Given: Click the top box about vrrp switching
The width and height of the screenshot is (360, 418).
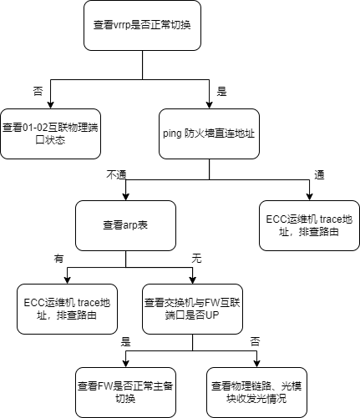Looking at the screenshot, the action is point(142,25).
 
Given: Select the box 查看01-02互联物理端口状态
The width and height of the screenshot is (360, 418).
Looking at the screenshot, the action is point(50,133).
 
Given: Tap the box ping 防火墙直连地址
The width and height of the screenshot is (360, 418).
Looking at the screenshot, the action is point(209,133).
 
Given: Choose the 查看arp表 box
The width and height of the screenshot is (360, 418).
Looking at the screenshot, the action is point(125,225).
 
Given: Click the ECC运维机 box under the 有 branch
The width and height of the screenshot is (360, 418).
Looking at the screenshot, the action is point(67,309).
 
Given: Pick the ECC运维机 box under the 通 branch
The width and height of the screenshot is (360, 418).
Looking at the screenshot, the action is point(309,225).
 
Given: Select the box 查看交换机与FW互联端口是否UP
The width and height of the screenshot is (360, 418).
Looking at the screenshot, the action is point(192,309).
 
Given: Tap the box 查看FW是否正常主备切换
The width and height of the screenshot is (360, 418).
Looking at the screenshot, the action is point(125,392).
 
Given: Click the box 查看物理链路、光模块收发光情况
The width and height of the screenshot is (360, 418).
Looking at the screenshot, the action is point(256,392).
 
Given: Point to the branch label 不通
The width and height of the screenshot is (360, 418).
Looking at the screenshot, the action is point(116,175).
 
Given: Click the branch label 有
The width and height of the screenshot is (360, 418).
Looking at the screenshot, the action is point(58,259).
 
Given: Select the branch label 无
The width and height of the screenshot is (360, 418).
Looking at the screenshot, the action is point(196,259).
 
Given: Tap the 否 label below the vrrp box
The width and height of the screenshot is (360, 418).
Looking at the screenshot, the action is point(38,91).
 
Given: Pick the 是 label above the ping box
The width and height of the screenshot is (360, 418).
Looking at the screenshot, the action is point(221,91).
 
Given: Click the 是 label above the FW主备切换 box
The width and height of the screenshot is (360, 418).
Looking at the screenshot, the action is point(125,342).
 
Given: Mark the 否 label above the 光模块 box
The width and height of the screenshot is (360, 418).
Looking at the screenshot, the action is point(255,342).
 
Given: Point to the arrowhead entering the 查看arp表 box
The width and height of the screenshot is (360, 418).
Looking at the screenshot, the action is point(125,197).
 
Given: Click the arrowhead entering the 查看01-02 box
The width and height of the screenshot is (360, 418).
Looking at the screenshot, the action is point(50,105).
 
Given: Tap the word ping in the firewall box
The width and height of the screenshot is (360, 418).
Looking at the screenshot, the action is point(172,133).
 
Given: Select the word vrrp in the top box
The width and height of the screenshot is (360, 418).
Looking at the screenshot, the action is point(121,26).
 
